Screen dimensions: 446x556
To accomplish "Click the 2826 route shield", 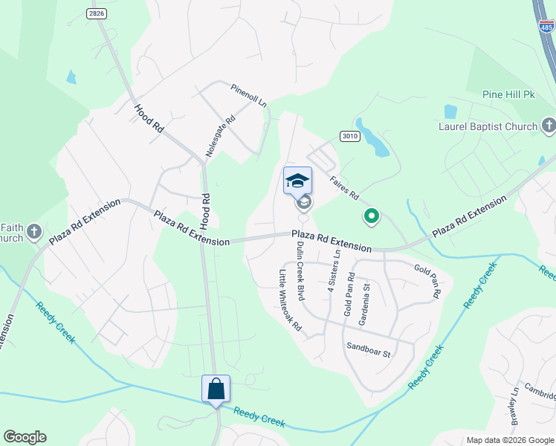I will coord(95,13).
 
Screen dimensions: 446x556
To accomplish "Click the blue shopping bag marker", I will coord(216,389).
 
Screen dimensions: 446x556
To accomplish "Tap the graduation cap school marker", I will coord(297,181).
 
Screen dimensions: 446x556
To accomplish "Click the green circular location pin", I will coord(372,217).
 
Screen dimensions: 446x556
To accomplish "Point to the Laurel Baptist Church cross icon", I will coord(549,126).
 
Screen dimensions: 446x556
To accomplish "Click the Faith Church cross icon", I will coord(33,233).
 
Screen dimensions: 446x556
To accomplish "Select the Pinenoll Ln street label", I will coord(248,96).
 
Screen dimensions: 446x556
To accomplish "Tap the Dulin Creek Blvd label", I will coord(300,271).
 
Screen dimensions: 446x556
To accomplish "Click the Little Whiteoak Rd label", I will coord(290,300).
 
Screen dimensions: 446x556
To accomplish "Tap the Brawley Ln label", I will coord(514,402).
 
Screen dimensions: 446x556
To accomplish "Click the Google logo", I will coord(25,437).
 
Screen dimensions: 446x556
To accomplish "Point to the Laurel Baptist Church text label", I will coord(487,126).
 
